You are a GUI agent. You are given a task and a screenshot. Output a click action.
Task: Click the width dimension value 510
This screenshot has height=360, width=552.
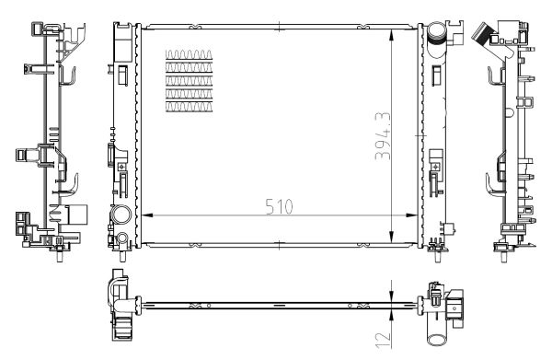pos(275,206)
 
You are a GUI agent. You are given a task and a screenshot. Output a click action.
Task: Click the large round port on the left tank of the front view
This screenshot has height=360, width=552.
pos(120,217)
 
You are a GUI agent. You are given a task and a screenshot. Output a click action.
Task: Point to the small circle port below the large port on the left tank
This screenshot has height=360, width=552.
pos(121,241)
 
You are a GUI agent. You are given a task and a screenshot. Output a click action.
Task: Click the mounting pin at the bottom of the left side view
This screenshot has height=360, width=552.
pos(59,254)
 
